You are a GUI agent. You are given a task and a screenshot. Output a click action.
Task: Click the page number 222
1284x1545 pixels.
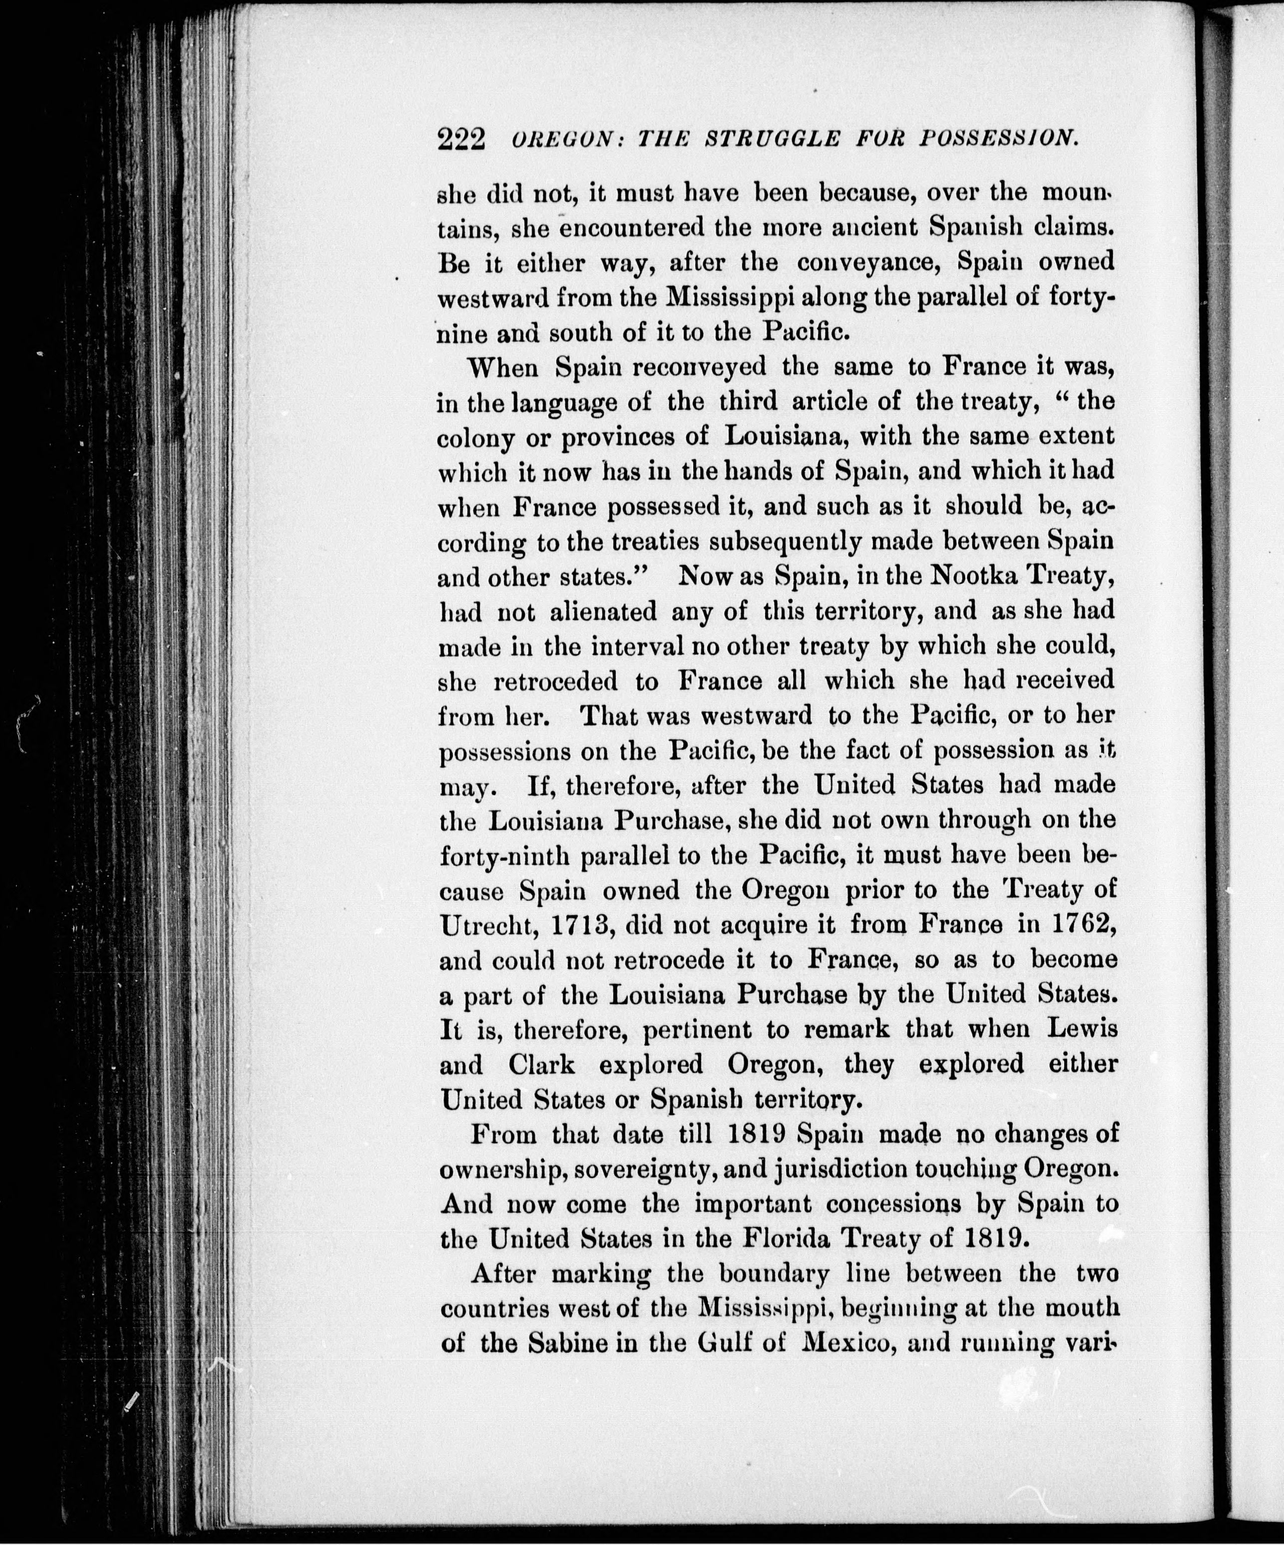[x=461, y=138]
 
